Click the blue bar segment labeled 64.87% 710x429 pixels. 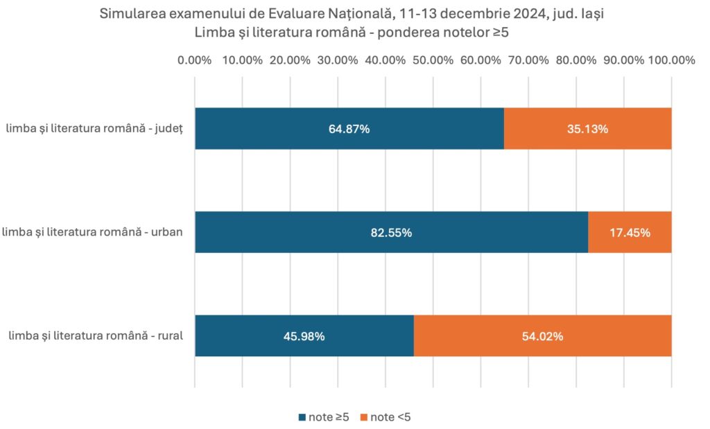pyautogui.click(x=349, y=129)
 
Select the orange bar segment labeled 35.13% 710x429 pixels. pyautogui.click(x=587, y=129)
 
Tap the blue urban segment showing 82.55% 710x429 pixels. pyautogui.click(x=391, y=233)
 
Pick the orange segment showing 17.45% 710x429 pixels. pyautogui.click(x=630, y=233)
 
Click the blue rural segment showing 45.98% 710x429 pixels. pyautogui.click(x=304, y=336)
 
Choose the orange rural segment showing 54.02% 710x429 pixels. pyautogui.click(x=542, y=336)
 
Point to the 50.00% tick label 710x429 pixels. pyautogui.click(x=432, y=60)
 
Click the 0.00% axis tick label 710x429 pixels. pyautogui.click(x=194, y=60)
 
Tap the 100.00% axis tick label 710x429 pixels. pyautogui.click(x=671, y=60)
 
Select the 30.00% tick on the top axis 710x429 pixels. pyautogui.click(x=337, y=60)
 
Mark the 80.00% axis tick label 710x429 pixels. pyautogui.click(x=575, y=60)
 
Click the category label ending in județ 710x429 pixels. pyautogui.click(x=94, y=129)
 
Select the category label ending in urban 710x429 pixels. pyautogui.click(x=93, y=232)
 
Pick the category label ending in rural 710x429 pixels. pyautogui.click(x=96, y=336)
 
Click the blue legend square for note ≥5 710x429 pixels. pyautogui.click(x=302, y=417)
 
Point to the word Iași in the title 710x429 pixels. pyautogui.click(x=595, y=13)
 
